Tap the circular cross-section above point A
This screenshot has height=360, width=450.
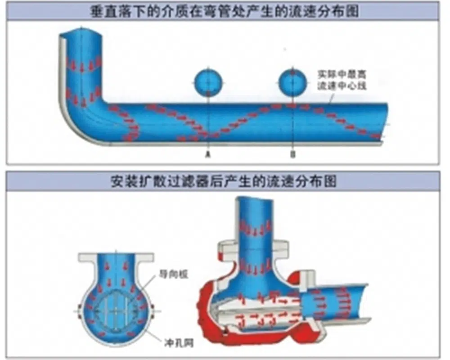pyautogui.click(x=208, y=82)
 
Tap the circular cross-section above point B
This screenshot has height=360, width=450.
pyautogui.click(x=293, y=82)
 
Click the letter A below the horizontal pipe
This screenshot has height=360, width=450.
pyautogui.click(x=208, y=154)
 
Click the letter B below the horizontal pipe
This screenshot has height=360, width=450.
pyautogui.click(x=293, y=154)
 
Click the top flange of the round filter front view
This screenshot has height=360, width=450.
pyautogui.click(x=117, y=258)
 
